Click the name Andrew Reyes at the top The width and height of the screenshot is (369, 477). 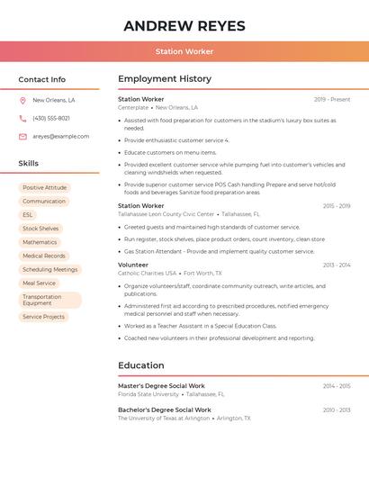184,25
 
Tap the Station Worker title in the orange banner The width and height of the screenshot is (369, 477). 184,52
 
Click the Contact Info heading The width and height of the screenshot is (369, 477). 42,79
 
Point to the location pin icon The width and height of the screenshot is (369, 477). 22,101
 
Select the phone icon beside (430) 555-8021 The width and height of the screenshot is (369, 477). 22,118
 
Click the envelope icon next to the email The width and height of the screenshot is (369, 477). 22,137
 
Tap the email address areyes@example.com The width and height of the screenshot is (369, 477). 61,137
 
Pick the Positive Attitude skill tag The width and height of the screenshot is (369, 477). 45,187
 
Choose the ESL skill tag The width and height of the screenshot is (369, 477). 28,215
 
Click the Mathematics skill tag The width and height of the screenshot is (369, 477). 40,242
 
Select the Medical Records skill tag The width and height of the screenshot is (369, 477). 44,256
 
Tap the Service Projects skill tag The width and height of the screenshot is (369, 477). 43,317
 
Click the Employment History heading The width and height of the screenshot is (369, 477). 165,79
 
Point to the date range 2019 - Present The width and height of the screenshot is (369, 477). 332,99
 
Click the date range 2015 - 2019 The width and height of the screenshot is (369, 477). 337,206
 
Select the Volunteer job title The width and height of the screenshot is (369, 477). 133,265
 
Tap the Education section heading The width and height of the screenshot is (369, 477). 141,365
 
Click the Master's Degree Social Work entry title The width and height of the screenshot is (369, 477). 161,385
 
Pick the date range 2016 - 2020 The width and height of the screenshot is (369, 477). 337,409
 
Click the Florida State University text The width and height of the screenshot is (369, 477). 148,394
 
